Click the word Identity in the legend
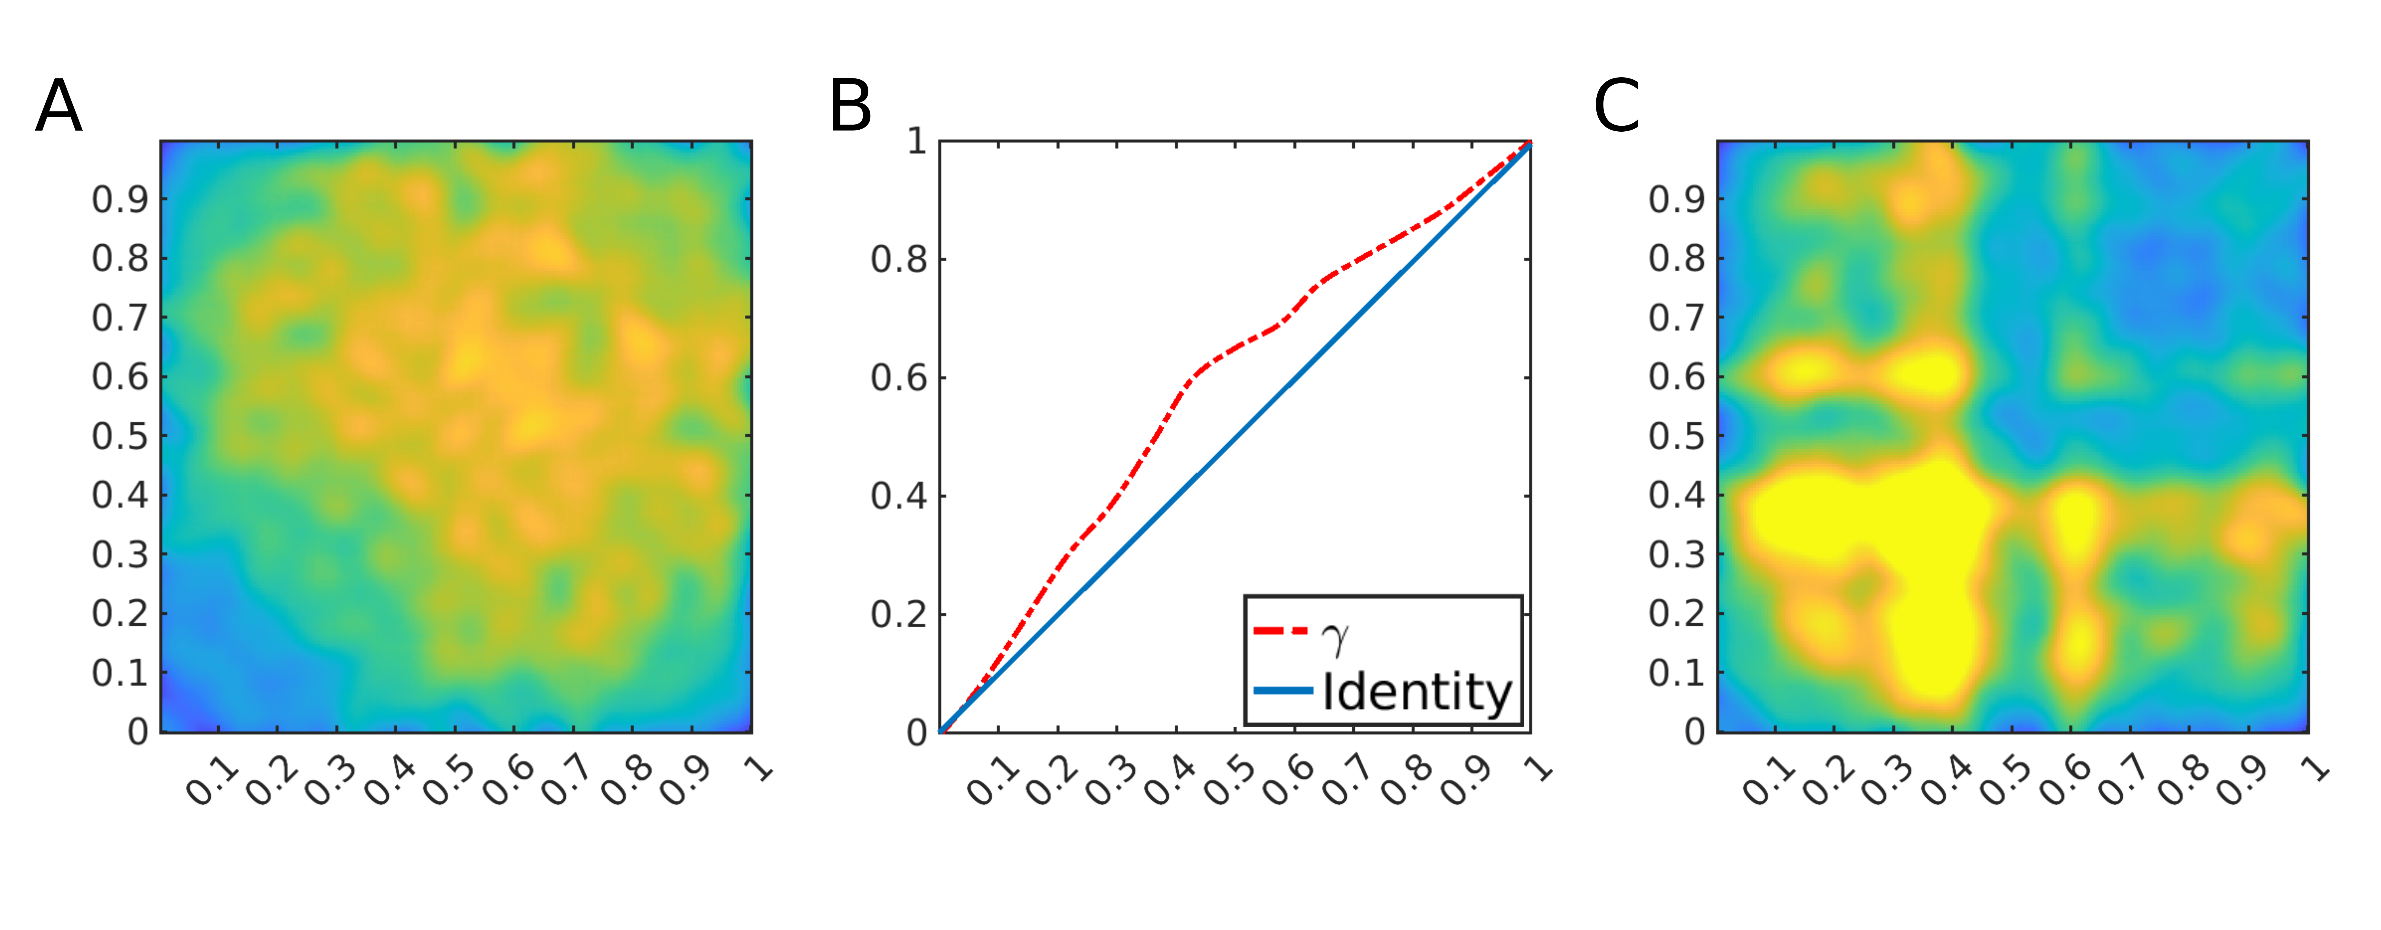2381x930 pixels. pyautogui.click(x=1417, y=692)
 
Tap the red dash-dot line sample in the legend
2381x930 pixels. pyautogui.click(x=1281, y=631)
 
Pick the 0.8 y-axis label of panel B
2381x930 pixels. pyautogui.click(x=898, y=260)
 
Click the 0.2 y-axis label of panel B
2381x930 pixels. pyautogui.click(x=898, y=615)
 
